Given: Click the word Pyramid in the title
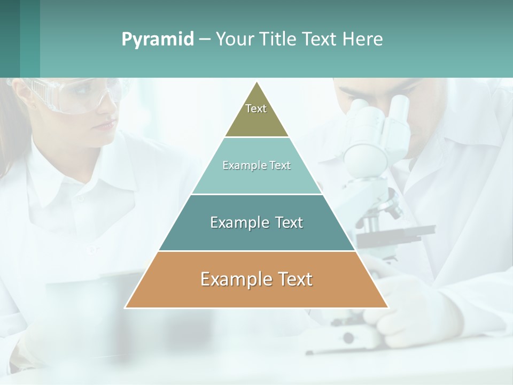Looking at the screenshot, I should click(157, 40).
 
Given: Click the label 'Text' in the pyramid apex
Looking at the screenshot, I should click(256, 109).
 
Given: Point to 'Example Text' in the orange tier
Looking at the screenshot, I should click(256, 279).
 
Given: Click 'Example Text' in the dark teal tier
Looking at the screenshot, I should click(256, 222).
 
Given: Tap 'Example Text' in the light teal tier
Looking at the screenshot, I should click(256, 165).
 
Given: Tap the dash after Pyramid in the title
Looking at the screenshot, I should click(205, 40).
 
